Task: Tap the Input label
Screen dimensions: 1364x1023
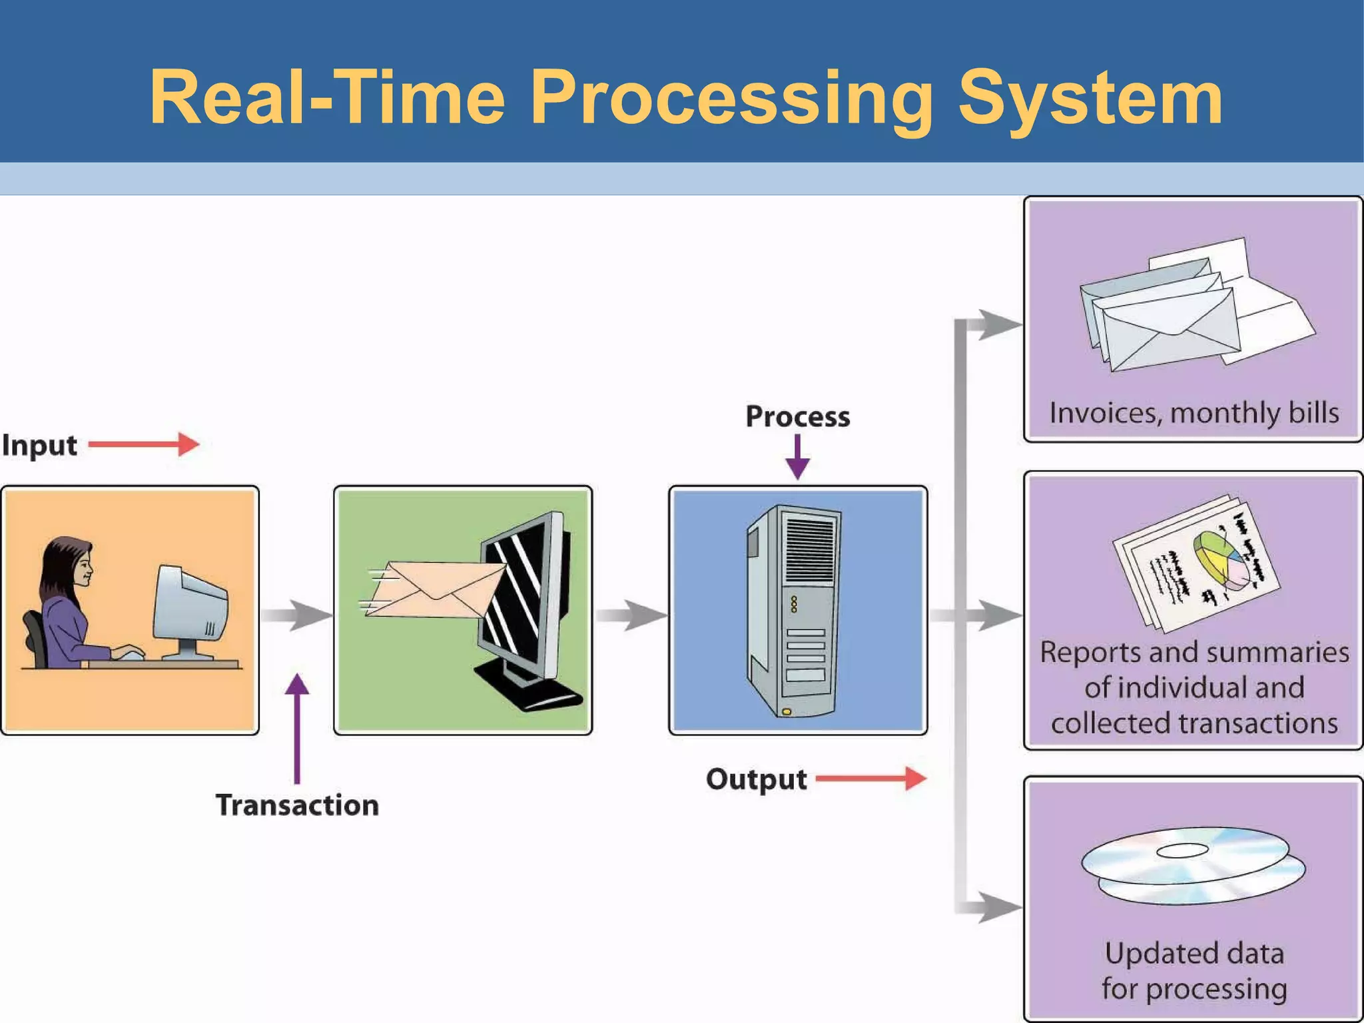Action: (x=39, y=445)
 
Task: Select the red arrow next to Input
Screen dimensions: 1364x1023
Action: (x=144, y=444)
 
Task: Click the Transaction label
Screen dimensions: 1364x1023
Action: (x=297, y=805)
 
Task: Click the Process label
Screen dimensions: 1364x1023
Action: (x=797, y=416)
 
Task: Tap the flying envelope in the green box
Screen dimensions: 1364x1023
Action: (x=433, y=589)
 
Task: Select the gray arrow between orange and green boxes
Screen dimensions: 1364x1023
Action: (x=296, y=615)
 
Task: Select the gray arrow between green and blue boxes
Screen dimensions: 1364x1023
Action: (x=630, y=615)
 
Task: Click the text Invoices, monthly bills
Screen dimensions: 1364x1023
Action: (x=1193, y=413)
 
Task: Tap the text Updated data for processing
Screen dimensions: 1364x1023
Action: (x=1193, y=971)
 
